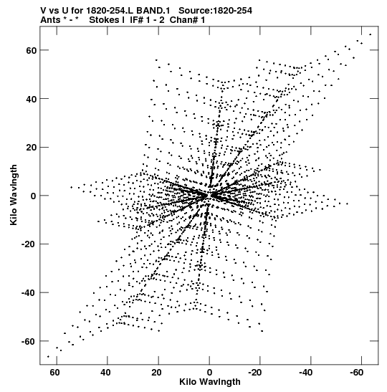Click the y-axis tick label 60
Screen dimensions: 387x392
click(32, 50)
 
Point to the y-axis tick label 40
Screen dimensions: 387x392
click(32, 99)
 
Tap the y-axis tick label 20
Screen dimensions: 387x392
click(32, 148)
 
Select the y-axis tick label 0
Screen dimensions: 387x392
click(34, 196)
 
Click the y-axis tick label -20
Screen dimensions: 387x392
click(29, 244)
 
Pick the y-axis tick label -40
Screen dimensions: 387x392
click(29, 293)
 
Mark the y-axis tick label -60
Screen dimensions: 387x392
click(29, 342)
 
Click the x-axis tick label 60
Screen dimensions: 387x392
click(54, 373)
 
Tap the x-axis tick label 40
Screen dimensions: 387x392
click(105, 373)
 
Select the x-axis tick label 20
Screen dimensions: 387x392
click(156, 373)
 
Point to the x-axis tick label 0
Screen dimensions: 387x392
click(209, 373)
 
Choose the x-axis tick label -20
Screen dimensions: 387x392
click(255, 373)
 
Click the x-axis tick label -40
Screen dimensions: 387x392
click(306, 373)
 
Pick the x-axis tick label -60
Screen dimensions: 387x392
click(356, 373)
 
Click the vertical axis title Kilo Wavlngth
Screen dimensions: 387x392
click(14, 195)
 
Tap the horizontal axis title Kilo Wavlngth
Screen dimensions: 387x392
click(210, 382)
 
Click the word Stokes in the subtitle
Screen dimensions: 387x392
click(107, 20)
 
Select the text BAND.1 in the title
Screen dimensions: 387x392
click(153, 11)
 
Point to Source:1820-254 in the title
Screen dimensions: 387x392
click(215, 11)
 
